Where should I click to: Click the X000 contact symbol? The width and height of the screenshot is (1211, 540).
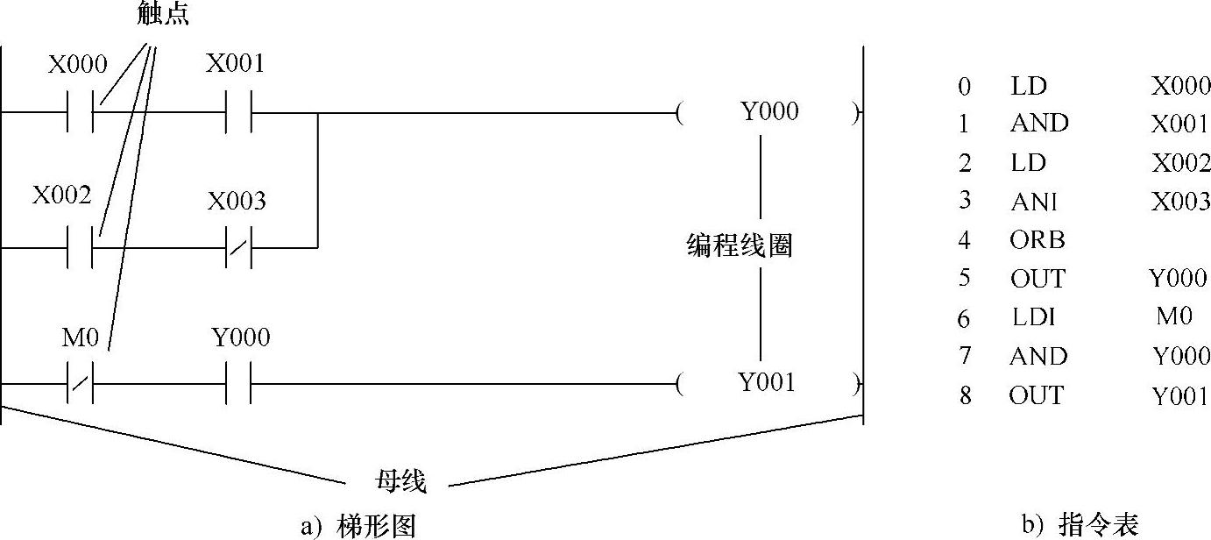click(81, 112)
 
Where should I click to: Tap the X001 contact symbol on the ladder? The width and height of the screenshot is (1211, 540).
click(238, 112)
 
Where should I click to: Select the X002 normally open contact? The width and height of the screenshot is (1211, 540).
click(81, 247)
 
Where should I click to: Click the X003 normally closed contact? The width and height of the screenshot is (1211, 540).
click(238, 247)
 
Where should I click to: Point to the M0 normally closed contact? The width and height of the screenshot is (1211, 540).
click(81, 383)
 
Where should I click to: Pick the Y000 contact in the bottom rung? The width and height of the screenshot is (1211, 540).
click(238, 383)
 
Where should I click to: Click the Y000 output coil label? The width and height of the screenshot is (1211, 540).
click(769, 112)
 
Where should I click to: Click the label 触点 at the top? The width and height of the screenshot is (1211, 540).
click(163, 14)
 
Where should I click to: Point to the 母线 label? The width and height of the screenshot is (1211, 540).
click(400, 481)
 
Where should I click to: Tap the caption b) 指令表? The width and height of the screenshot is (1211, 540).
click(1080, 525)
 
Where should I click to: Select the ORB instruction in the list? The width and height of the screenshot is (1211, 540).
click(1037, 239)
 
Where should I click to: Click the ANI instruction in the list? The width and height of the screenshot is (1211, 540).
click(1033, 201)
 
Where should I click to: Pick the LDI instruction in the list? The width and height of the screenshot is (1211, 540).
click(1033, 317)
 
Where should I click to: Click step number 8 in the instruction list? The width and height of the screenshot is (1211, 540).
click(965, 395)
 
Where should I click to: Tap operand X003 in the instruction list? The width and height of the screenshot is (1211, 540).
click(1180, 201)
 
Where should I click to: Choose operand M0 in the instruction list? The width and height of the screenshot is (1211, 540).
click(1174, 316)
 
